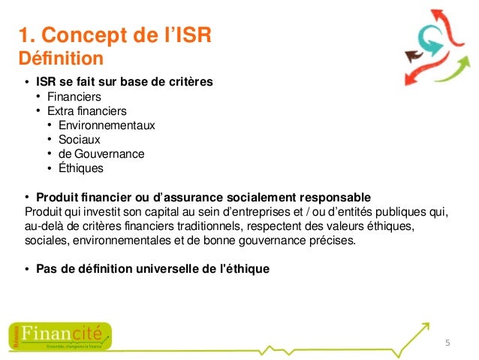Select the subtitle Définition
(59, 58)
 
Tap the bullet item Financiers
(74, 97)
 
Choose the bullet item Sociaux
(79, 140)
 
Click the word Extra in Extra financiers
(61, 111)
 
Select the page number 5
(447, 343)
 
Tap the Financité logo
(60, 335)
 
